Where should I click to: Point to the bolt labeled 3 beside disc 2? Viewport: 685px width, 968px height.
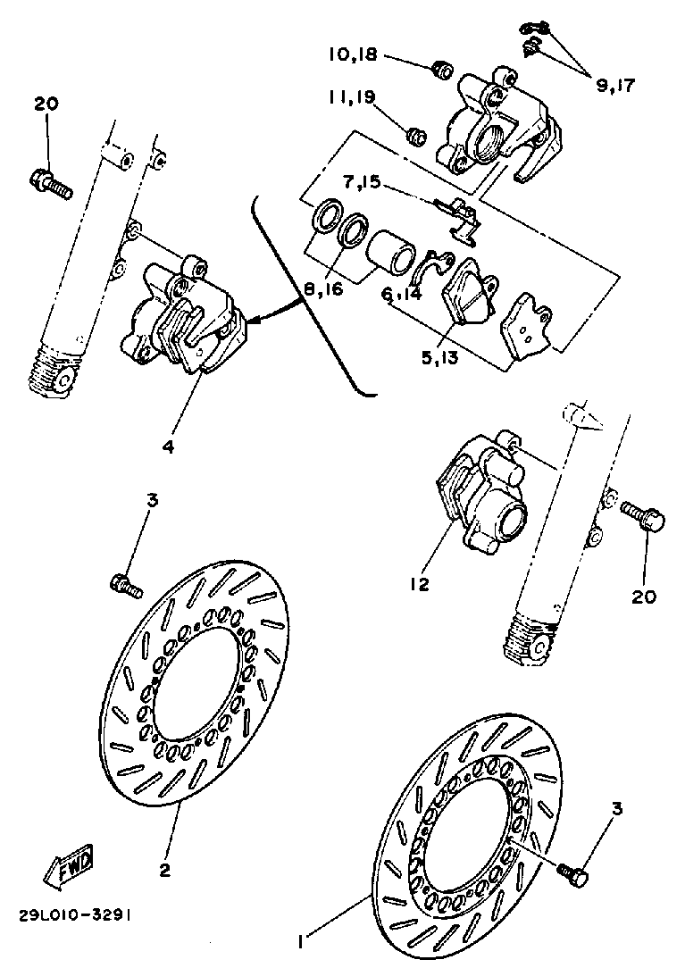[126, 586]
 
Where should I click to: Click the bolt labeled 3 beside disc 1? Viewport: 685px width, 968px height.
[571, 872]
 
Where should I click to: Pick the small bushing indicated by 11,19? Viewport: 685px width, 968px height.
[415, 136]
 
